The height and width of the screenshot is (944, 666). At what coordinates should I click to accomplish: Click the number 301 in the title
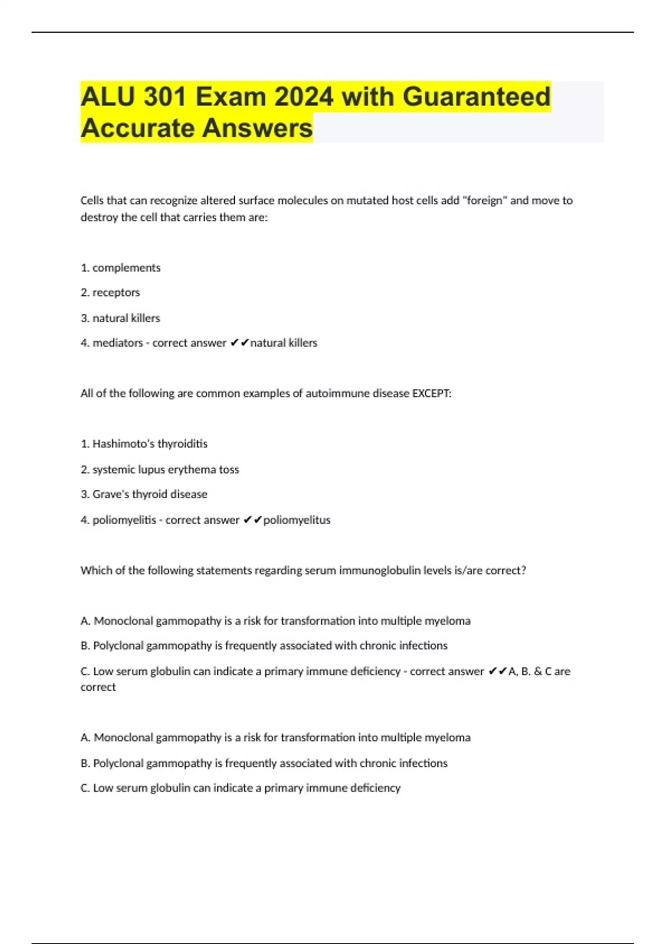pyautogui.click(x=164, y=97)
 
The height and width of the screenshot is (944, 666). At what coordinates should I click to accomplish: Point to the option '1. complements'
pyautogui.click(x=120, y=268)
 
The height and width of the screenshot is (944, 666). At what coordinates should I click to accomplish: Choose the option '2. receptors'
pyautogui.click(x=110, y=293)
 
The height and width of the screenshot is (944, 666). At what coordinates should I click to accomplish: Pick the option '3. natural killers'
pyautogui.click(x=120, y=318)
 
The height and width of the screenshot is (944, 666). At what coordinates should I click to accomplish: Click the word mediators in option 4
pyautogui.click(x=118, y=343)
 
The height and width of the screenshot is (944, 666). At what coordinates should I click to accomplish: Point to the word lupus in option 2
pyautogui.click(x=152, y=470)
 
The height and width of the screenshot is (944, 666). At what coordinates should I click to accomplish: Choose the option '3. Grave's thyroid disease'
pyautogui.click(x=144, y=494)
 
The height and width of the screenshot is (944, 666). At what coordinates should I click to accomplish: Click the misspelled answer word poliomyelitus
pyautogui.click(x=297, y=520)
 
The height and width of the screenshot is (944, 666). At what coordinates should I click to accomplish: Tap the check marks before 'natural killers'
pyautogui.click(x=239, y=343)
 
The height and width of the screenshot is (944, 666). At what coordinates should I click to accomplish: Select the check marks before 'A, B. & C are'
pyautogui.click(x=498, y=671)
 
